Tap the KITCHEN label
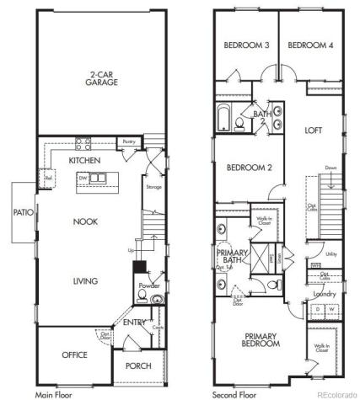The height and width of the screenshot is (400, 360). [85, 159]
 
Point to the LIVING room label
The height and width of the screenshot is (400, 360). [85, 280]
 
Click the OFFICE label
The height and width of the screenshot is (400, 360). [74, 355]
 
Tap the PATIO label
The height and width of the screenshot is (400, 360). [24, 213]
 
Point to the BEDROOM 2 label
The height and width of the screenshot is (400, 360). [250, 168]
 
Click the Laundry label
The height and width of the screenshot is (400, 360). [325, 294]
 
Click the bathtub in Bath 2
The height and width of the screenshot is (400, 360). [224, 119]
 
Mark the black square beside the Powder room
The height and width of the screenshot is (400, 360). [138, 267]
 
